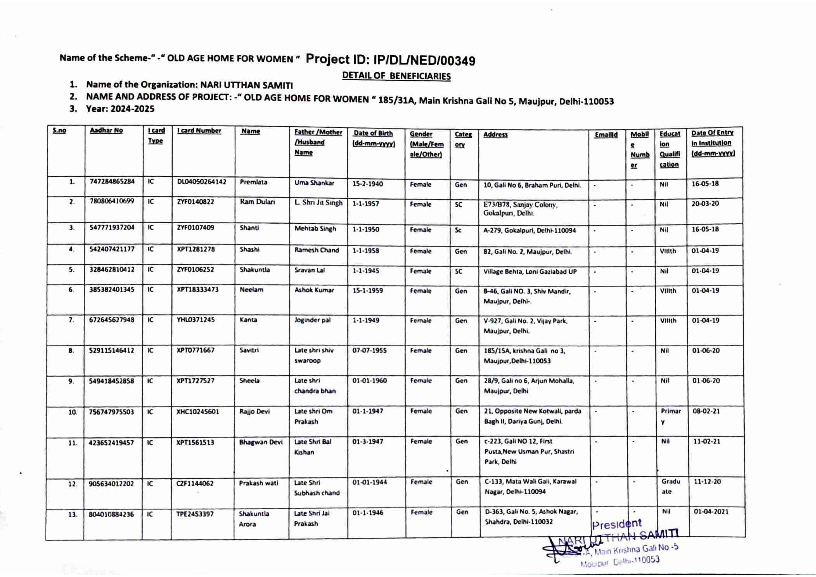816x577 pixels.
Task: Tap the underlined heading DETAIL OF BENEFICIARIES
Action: [396, 76]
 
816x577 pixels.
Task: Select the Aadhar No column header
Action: [106, 131]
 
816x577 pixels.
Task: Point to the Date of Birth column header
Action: [373, 134]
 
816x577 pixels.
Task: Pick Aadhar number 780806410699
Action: [112, 201]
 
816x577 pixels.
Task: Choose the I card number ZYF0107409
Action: [196, 228]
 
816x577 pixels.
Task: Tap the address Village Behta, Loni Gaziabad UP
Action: [530, 272]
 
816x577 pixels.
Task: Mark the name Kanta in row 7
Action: [248, 320]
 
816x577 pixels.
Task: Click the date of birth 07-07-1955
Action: [369, 351]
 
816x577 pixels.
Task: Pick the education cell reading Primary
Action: [670, 416]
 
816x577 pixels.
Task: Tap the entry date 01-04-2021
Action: [711, 512]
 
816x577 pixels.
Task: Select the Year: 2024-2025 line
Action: [120, 109]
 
